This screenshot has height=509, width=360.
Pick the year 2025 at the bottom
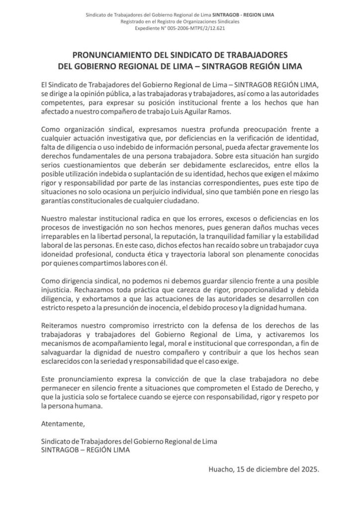pos(308,469)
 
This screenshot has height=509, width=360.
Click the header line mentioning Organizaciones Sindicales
pos(180,23)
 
